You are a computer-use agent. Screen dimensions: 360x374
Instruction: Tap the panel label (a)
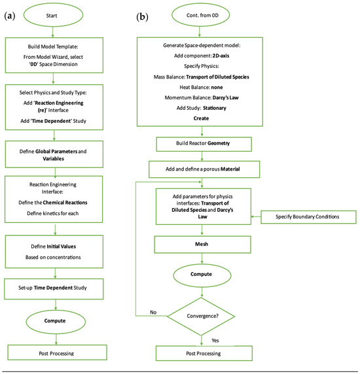point(10,16)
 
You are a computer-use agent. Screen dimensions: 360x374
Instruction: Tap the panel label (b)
point(142,17)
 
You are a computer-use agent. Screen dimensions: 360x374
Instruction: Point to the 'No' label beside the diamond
point(153,313)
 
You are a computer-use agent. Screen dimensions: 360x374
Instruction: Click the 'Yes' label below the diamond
point(215,341)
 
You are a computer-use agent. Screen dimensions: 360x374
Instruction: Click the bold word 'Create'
point(201,118)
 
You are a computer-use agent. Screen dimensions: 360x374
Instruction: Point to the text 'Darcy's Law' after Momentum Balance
point(225,97)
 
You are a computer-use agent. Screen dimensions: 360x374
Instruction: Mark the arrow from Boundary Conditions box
point(256,216)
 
